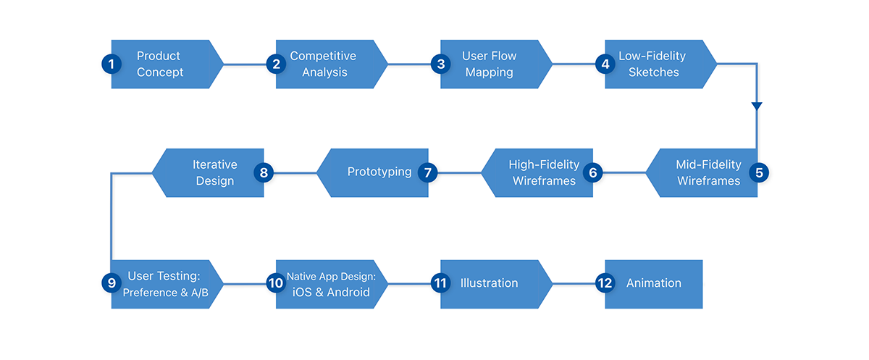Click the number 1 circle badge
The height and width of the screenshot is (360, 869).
click(x=111, y=64)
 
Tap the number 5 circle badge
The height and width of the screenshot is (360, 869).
click(x=758, y=173)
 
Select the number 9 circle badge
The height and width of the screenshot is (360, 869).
click(x=111, y=283)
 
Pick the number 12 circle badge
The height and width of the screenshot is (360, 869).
click(x=605, y=283)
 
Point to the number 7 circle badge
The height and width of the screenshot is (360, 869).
click(x=429, y=173)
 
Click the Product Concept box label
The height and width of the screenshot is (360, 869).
click(x=159, y=64)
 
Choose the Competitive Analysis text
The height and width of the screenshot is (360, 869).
click(x=324, y=64)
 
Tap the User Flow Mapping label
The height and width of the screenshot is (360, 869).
click(x=489, y=64)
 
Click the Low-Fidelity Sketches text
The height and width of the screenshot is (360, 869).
click(x=652, y=64)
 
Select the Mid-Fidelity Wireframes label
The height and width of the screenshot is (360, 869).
click(x=708, y=172)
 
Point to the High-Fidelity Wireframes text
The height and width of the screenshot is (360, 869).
click(x=544, y=172)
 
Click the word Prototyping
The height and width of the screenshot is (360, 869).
click(x=379, y=172)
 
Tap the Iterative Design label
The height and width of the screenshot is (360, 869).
click(x=214, y=172)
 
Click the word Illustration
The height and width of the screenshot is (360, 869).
click(x=490, y=283)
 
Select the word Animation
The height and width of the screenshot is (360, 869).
click(x=654, y=283)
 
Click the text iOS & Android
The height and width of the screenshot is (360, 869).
click(x=330, y=293)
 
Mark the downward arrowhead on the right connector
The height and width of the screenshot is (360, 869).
click(x=757, y=107)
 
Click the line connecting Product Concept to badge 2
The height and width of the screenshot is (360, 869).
click(x=245, y=64)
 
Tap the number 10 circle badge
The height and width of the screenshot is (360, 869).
click(x=275, y=283)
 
